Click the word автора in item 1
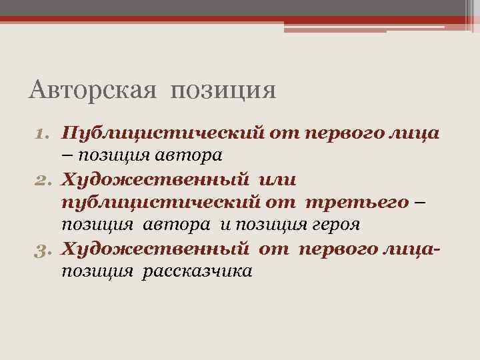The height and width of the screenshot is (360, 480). (187, 155)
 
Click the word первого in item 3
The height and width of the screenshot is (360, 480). (336, 248)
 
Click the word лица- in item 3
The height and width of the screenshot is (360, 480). (413, 248)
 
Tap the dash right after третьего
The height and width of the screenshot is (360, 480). (419, 201)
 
